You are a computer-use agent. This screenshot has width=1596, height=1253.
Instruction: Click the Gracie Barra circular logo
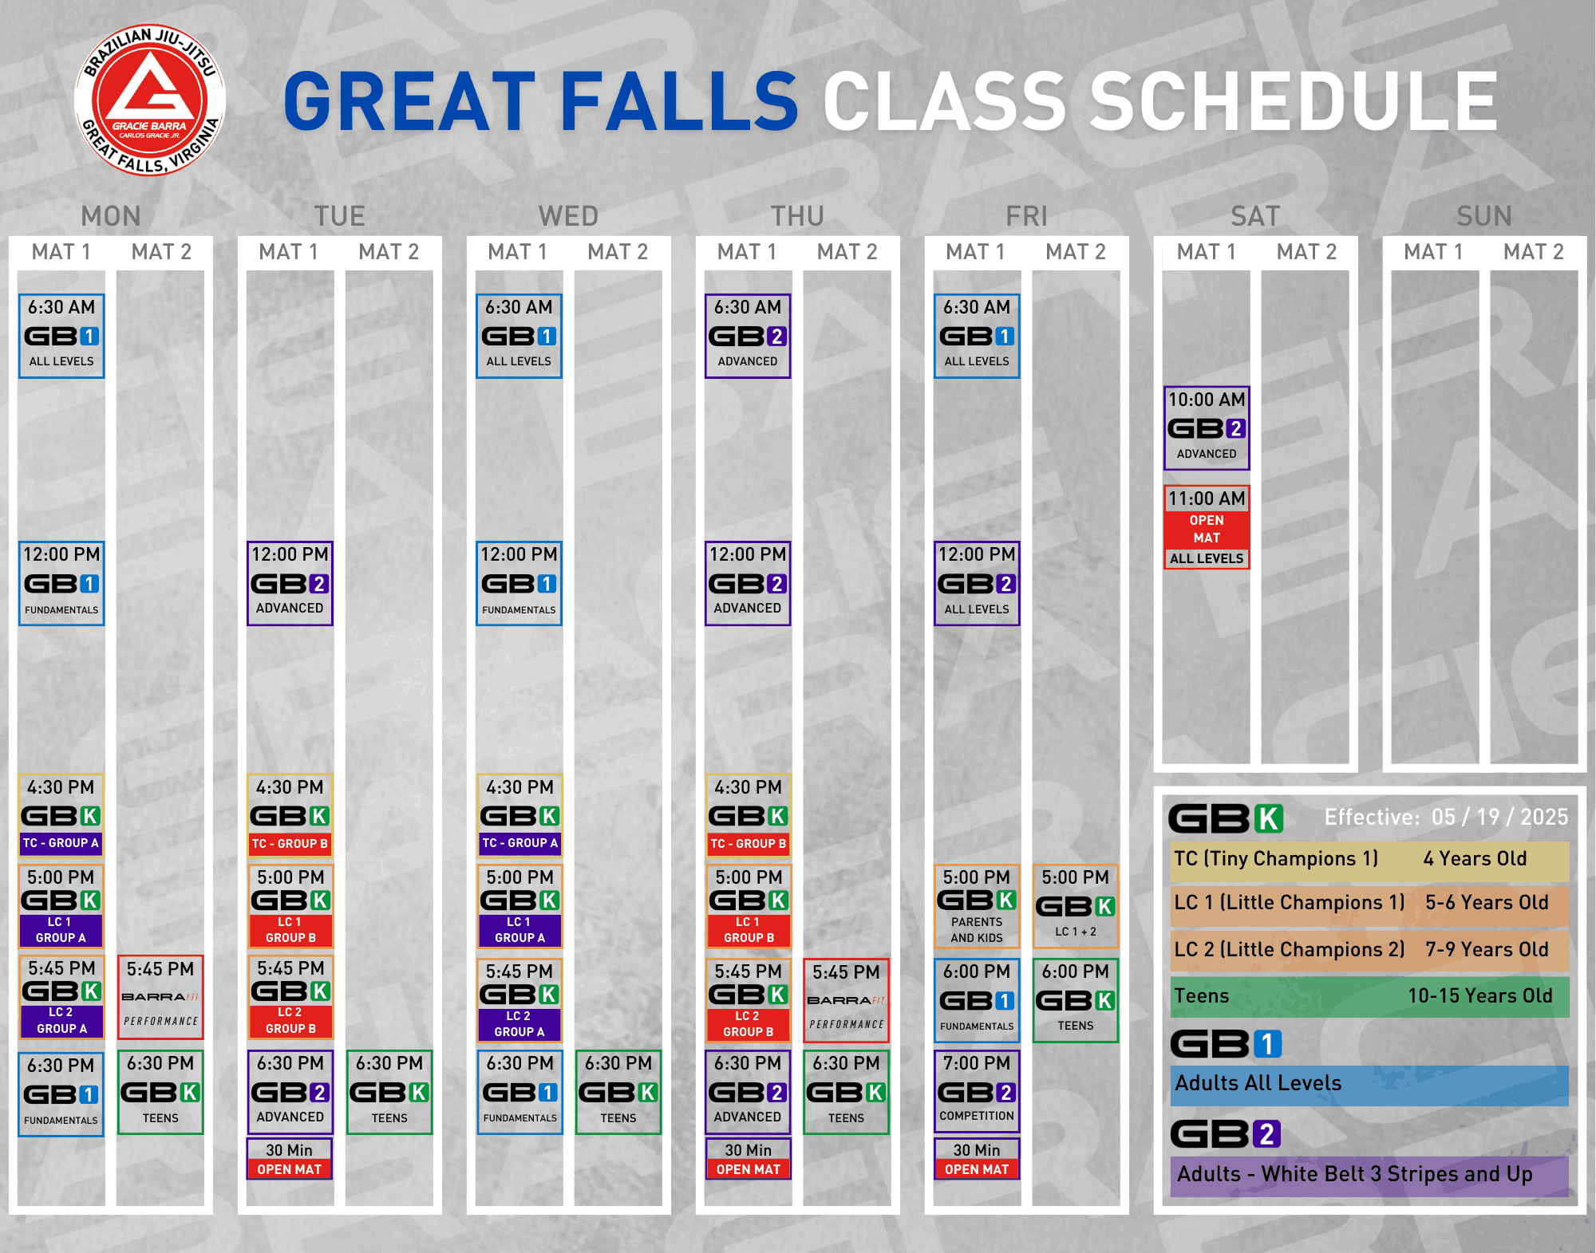coord(150,100)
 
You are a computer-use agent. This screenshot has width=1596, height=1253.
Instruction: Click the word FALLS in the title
coord(679,101)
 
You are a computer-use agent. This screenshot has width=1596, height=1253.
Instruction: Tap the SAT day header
coord(1255,216)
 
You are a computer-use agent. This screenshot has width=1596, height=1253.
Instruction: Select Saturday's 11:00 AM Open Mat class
coord(1207,526)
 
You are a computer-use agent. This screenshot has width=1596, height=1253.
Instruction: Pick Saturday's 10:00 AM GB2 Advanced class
coord(1207,428)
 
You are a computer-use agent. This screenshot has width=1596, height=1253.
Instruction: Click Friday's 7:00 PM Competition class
coord(977,1090)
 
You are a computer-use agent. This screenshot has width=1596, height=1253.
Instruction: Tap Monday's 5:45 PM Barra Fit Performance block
coord(160,997)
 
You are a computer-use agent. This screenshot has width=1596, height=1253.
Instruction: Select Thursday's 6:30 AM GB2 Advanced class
coord(748,336)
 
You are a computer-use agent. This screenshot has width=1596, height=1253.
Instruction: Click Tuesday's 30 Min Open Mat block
coord(290,1159)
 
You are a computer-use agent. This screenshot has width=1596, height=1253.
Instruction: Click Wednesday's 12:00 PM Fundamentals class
coord(519,583)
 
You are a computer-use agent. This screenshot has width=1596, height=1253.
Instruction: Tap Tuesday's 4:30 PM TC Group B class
coord(290,815)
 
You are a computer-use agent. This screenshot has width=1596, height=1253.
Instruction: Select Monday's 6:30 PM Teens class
coord(160,1092)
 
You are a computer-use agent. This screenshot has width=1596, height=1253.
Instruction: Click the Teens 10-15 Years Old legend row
coord(1369,996)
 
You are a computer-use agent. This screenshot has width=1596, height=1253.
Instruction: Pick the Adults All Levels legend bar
coord(1369,1085)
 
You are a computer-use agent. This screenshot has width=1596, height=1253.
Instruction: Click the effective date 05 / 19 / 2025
coord(1499,817)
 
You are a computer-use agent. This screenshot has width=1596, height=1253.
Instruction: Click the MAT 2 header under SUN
coord(1534,252)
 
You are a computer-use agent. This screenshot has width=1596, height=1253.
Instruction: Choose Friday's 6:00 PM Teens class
coord(1076,1000)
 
